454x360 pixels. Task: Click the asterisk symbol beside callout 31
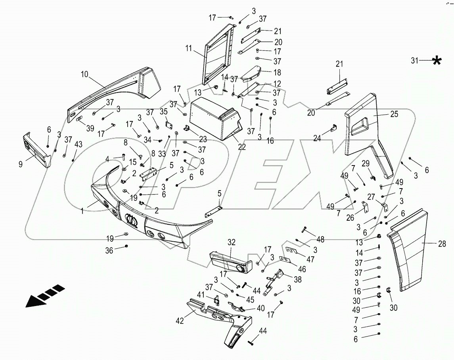(437, 61)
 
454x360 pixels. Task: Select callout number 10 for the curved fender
(84, 74)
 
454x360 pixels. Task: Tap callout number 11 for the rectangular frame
(188, 49)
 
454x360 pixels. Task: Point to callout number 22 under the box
(241, 147)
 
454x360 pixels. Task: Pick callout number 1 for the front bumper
(82, 212)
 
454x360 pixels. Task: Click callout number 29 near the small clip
(365, 163)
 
